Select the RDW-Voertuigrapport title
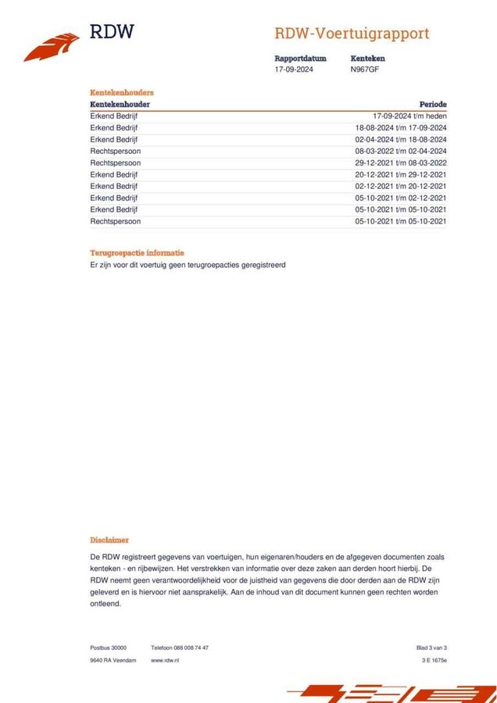(x=352, y=34)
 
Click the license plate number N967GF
(x=366, y=70)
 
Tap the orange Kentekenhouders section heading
(x=122, y=92)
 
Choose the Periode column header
(x=433, y=104)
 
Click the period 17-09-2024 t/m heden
(x=409, y=116)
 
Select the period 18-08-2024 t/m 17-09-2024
(x=401, y=127)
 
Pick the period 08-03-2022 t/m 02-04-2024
(x=401, y=151)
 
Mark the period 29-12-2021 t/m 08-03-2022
(x=401, y=162)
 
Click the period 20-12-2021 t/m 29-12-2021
(x=401, y=174)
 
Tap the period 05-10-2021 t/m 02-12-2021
(x=401, y=198)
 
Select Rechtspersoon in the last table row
(x=116, y=221)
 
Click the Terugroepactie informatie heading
(x=138, y=253)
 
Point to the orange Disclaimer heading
(x=109, y=540)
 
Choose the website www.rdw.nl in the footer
(x=165, y=660)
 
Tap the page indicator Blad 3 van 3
(x=431, y=648)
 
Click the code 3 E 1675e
(x=434, y=660)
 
